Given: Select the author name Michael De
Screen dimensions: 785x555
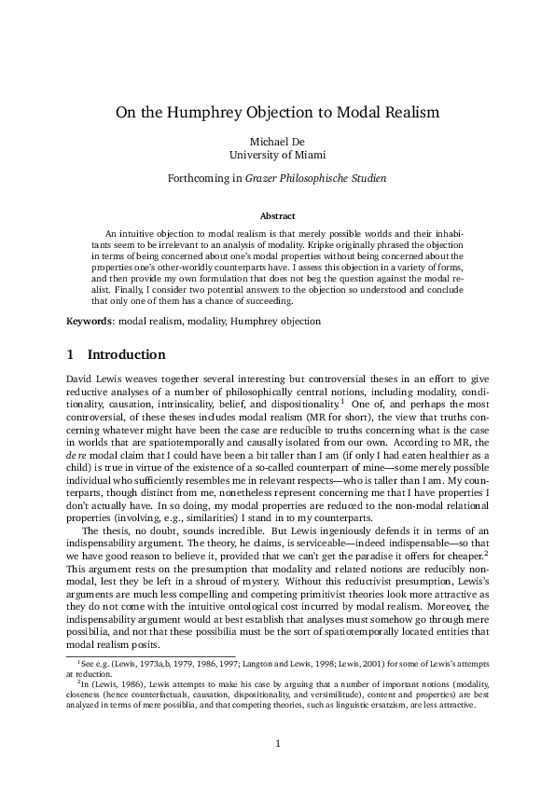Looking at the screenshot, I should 277,140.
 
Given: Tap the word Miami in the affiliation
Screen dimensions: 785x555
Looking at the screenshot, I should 312,155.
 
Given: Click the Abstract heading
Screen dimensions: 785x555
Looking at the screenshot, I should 277,215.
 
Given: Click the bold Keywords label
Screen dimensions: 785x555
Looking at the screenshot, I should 90,321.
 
